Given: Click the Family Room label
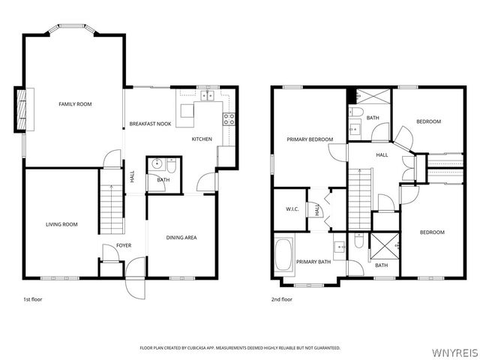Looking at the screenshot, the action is pos(75,104).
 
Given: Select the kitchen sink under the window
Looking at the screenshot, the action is pos(207,96).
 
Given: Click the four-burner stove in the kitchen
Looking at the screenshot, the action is pos(229,119).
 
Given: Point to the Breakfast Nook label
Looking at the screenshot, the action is pos(150,124).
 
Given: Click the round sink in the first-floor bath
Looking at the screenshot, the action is pos(157,163).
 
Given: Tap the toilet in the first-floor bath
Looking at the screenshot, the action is pos(172,166).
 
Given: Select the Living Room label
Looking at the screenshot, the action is pos(61,224).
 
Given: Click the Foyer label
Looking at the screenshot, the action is pos(124,245).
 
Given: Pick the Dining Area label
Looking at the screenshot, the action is pos(181,238).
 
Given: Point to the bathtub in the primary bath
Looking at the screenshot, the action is pos(283,255).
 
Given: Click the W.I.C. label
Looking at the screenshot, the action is pos(292,209).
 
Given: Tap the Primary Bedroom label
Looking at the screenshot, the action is pos(310,139).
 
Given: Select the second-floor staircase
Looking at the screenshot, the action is pos(360,199).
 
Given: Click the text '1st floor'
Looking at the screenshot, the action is pos(33,299).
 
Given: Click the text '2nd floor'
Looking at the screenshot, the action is pos(282,299).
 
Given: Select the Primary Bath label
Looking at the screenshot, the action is pos(313,262).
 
